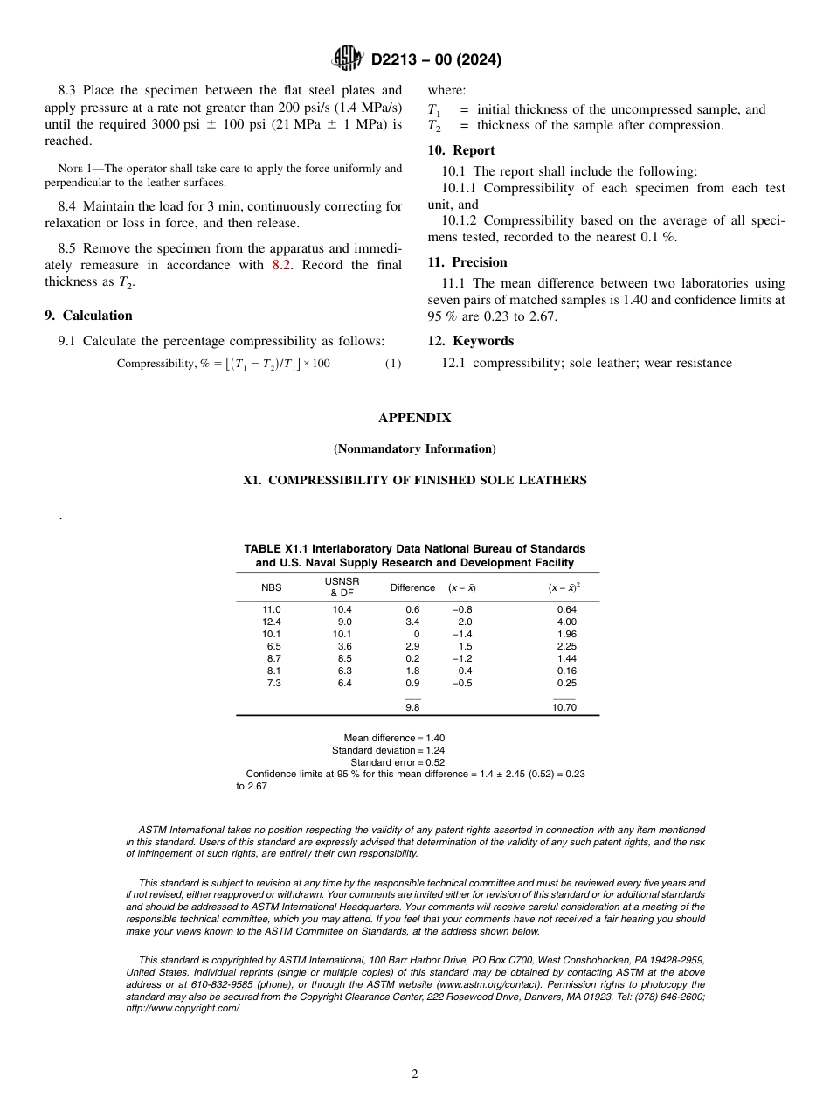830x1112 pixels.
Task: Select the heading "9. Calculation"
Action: pos(88,316)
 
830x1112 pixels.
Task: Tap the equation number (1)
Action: pos(393,364)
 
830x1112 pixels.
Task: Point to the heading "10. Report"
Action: pos(461,150)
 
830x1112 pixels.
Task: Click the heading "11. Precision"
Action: pos(467,262)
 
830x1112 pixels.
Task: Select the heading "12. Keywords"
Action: pos(471,341)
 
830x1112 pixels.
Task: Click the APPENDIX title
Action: pos(414,418)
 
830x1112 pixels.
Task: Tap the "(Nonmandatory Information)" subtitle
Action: pos(414,449)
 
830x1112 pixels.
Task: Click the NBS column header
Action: pos(272,587)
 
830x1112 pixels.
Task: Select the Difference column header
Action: pos(412,587)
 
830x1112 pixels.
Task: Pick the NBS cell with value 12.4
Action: pos(272,622)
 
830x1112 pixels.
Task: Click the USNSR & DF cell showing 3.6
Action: pos(344,646)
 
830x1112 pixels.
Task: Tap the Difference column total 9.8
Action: pos(412,707)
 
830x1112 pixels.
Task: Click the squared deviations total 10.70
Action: pos(565,707)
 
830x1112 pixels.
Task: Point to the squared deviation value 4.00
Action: pos(566,622)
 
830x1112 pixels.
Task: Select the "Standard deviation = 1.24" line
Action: pos(388,750)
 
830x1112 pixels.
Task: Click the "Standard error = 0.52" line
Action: pos(398,762)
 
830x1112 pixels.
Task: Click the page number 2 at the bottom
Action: pos(415,1074)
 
